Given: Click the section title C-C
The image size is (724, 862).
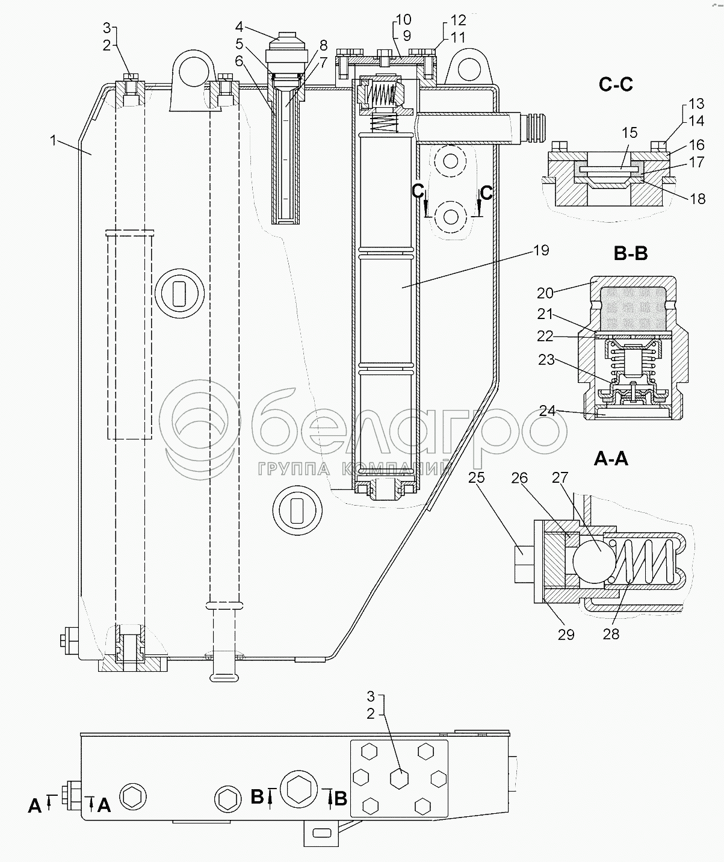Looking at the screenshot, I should [x=616, y=85].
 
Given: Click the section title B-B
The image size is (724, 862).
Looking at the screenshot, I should [x=630, y=254].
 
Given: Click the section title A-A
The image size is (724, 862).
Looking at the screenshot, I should [x=610, y=459].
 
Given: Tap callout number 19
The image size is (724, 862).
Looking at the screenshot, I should [x=541, y=250].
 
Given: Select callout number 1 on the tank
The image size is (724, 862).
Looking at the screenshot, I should [x=54, y=141].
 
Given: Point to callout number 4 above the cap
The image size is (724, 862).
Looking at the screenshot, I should [x=240, y=26].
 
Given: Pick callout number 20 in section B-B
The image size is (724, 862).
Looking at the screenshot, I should [x=545, y=293].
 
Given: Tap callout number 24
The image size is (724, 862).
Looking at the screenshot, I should [x=547, y=411].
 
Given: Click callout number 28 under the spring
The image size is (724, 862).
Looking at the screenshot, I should [x=610, y=634].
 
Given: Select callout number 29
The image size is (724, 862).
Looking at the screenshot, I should [x=566, y=634].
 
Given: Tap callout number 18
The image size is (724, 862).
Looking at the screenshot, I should [x=698, y=199].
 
